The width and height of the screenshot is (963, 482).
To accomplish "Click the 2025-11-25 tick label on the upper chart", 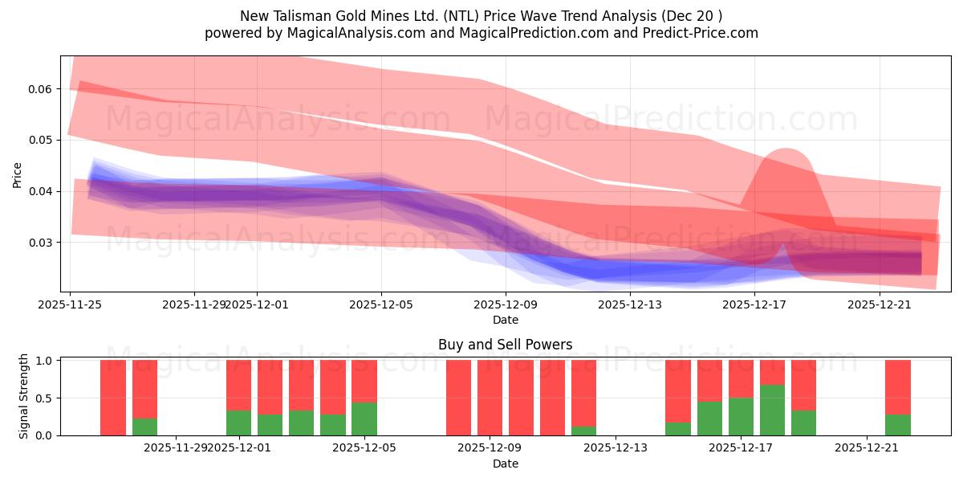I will point(71,304).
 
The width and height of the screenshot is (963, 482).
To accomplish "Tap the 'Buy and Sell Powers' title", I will point(505,345).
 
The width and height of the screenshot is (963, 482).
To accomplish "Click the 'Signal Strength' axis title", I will point(24,396).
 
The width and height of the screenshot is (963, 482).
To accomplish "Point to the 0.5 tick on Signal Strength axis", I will point(45,398).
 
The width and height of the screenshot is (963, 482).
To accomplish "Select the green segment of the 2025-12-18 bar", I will point(772,410).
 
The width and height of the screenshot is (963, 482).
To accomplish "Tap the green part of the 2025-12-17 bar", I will point(741,416).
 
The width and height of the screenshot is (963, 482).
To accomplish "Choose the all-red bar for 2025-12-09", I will point(490,398).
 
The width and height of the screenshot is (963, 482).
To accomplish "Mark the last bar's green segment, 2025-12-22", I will point(898,425).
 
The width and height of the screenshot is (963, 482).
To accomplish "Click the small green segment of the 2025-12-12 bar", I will point(584,431).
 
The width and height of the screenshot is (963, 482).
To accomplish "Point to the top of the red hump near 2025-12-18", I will point(784,150).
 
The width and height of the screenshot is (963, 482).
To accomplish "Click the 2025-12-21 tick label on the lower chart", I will point(867,447).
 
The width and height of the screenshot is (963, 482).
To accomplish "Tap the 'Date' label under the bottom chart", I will point(505,464).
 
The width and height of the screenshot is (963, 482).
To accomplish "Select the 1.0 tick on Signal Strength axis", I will point(45,361).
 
